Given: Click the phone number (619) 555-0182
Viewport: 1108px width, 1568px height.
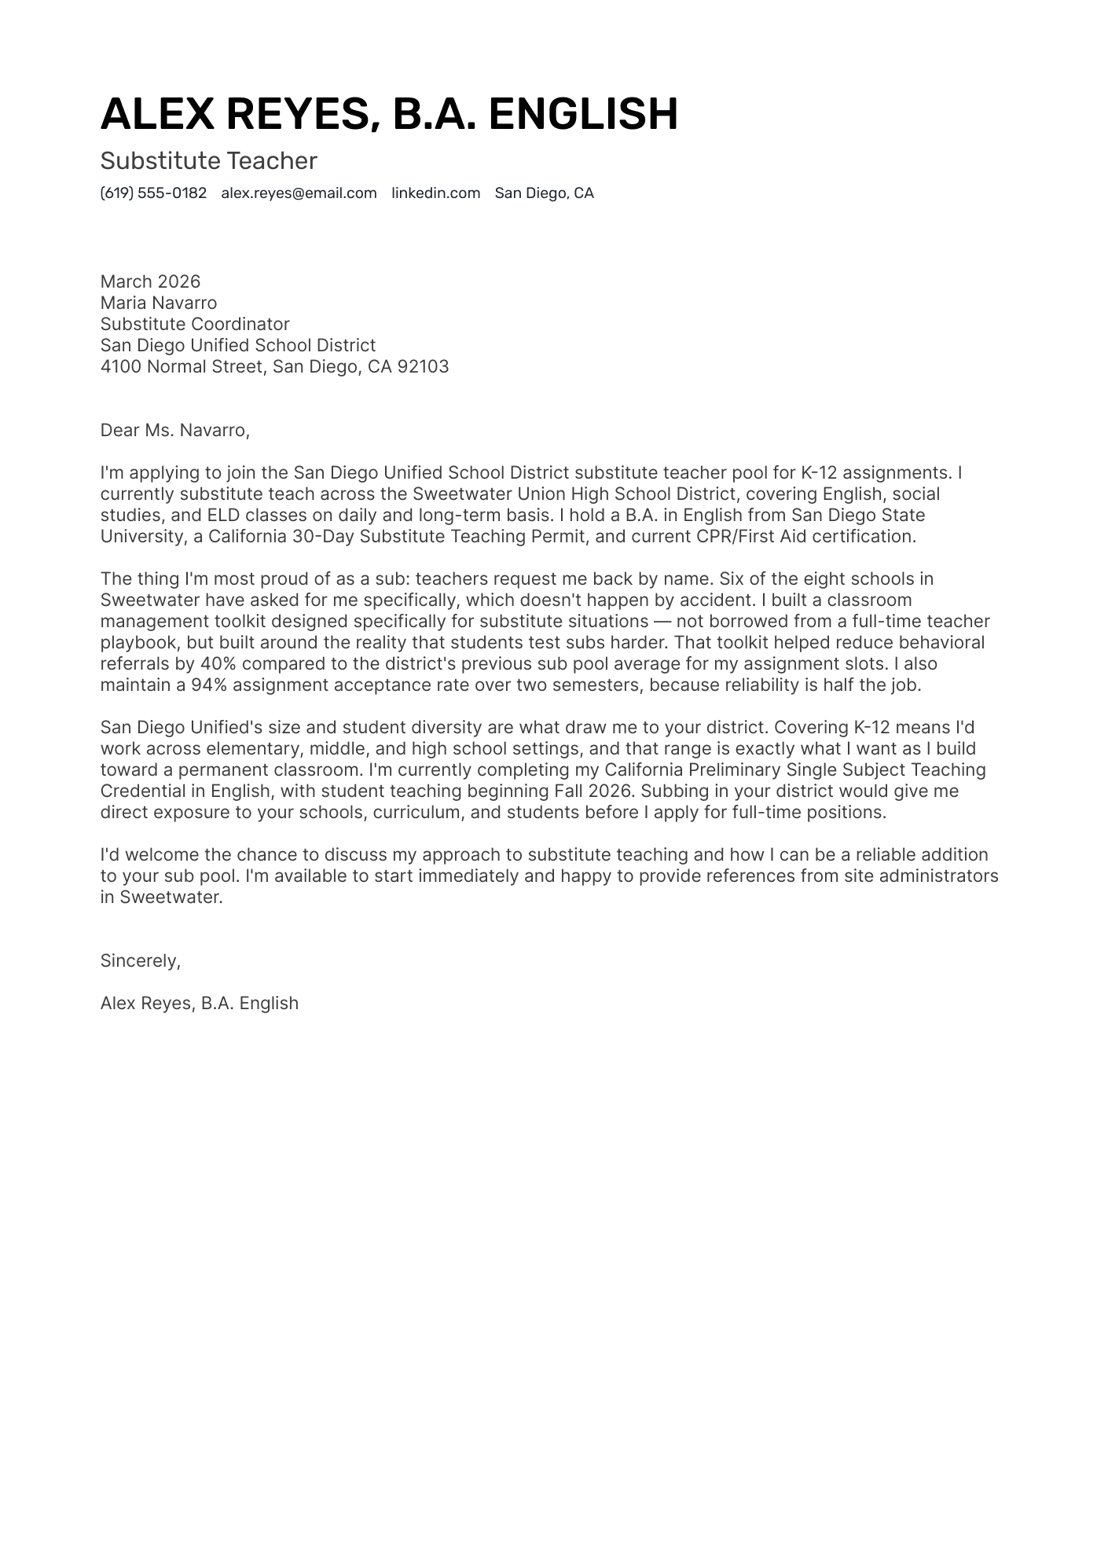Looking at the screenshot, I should pos(153,193).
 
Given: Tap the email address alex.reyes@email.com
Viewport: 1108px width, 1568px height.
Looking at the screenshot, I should pos(299,193).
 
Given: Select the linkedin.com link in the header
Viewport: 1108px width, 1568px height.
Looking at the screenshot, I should pos(435,193).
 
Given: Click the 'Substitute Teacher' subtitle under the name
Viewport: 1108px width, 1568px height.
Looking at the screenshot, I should pos(208,161).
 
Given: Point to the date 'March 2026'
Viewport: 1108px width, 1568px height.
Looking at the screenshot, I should pos(150,281).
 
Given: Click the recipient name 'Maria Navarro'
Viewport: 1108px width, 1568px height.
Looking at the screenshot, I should pos(158,303).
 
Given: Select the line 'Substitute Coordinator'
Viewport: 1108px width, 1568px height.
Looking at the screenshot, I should pos(195,324).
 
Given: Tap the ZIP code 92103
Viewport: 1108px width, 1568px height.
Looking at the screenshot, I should pos(423,366).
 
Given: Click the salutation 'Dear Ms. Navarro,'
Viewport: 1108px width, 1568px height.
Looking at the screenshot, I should pos(174,430).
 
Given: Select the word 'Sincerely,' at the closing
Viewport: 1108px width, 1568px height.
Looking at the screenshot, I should pos(140,960).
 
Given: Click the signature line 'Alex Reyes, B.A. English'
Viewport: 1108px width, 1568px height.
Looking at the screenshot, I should pos(199,1003).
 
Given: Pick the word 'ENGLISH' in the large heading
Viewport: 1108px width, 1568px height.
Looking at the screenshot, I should pos(583,114).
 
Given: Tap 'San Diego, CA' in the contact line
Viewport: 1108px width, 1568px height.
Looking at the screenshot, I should pos(544,193).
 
